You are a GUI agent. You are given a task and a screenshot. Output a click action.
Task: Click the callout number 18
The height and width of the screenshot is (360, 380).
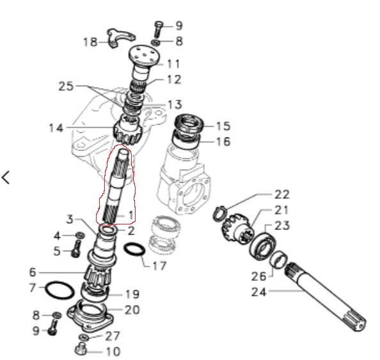pyautogui.click(x=90, y=42)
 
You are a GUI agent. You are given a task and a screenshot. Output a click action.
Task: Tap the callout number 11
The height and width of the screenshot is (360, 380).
pyautogui.click(x=173, y=64)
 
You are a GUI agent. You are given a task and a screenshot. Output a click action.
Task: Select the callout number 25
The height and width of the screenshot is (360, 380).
pyautogui.click(x=66, y=86)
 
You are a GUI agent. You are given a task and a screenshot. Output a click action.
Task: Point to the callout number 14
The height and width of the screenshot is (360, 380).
pyautogui.click(x=56, y=128)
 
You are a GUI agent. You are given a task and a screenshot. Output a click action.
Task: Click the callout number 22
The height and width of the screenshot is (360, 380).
pyautogui.click(x=282, y=194)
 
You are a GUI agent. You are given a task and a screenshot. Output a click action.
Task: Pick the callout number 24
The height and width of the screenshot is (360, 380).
pyautogui.click(x=259, y=292)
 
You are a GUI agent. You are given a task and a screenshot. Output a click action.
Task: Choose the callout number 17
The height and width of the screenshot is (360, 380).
pyautogui.click(x=159, y=266)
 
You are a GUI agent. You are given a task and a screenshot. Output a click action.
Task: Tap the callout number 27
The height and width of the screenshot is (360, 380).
pyautogui.click(x=113, y=336)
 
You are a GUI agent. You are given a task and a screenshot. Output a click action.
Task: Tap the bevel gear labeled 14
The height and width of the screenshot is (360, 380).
pyautogui.click(x=127, y=131)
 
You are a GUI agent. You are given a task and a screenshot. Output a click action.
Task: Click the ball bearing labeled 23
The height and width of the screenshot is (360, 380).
pyautogui.click(x=263, y=246)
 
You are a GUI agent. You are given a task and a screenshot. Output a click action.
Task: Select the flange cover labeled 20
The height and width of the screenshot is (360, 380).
pyautogui.click(x=90, y=316)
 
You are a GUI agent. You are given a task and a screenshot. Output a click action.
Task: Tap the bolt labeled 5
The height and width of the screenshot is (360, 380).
pyautogui.click(x=76, y=249)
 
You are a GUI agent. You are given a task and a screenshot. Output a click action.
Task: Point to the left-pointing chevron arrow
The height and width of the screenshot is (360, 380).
pyautogui.click(x=6, y=177)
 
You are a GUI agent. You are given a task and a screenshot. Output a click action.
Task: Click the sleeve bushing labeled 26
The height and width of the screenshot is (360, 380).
pyautogui.click(x=279, y=260)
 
